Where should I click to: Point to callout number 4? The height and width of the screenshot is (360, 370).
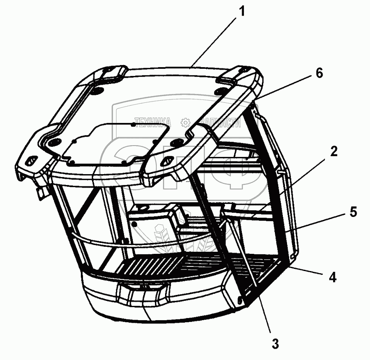[332, 278]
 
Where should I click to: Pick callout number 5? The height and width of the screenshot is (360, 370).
[353, 213]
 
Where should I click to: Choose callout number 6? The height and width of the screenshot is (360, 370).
[319, 73]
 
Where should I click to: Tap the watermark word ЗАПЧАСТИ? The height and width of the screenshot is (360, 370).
[220, 122]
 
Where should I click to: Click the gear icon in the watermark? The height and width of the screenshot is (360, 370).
[185, 122]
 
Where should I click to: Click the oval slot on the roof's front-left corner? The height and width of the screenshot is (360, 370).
[30, 161]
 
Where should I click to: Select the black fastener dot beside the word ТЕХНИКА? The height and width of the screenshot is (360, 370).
[133, 124]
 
